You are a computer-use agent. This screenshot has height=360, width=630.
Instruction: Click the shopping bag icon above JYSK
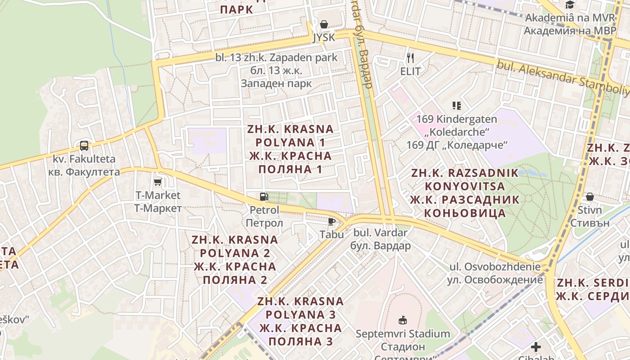tap(324, 24)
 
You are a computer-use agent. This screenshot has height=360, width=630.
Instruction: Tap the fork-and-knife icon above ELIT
tap(410, 58)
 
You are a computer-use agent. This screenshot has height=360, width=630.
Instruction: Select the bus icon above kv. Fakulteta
tap(84, 145)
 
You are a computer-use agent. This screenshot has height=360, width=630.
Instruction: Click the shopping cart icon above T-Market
tap(158, 182)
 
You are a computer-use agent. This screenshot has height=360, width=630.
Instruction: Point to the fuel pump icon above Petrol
tap(264, 197)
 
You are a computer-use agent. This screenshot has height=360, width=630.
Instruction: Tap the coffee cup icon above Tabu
tap(332, 221)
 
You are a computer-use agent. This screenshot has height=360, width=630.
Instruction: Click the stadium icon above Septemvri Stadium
tap(403, 320)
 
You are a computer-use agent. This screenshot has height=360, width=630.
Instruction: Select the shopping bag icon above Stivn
tap(589, 197)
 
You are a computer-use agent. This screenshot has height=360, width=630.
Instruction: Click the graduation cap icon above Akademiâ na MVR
tap(570, 5)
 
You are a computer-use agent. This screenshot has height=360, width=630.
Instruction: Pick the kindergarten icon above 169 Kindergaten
tap(457, 106)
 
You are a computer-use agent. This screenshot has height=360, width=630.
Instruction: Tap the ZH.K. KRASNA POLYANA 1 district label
tap(290, 149)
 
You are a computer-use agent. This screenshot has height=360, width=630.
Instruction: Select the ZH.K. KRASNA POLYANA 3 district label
tap(301, 321)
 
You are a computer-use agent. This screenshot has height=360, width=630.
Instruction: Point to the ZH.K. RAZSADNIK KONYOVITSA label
tap(465, 193)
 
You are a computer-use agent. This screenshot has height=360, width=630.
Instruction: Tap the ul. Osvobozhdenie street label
tap(495, 273)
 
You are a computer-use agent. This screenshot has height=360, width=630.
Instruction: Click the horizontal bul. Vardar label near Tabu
tap(380, 239)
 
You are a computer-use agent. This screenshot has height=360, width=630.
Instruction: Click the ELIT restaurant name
tap(410, 71)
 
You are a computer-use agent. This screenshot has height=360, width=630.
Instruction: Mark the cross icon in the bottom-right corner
tap(535, 347)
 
